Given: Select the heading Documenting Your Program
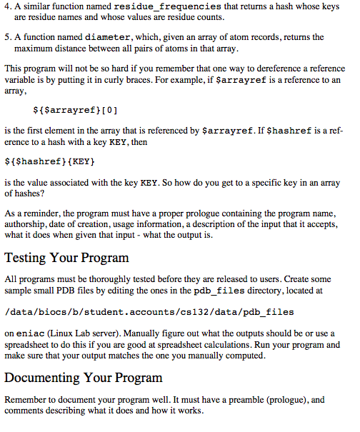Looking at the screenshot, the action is (x=83, y=377).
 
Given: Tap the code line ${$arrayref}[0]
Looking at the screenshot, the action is (x=76, y=111).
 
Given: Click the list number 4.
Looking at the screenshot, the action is (x=7, y=6).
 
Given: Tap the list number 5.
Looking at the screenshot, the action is (x=7, y=36).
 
